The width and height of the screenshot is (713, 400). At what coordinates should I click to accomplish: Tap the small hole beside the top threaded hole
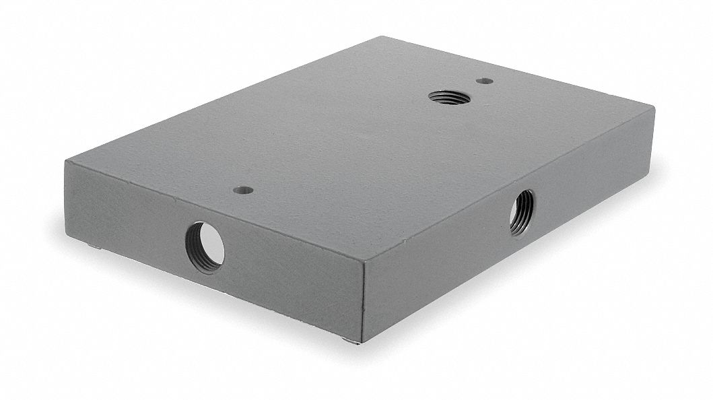pos(483,81)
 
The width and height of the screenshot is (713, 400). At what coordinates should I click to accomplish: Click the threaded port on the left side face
pos(205,246)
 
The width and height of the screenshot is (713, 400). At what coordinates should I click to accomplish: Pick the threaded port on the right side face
pos(521,212)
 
